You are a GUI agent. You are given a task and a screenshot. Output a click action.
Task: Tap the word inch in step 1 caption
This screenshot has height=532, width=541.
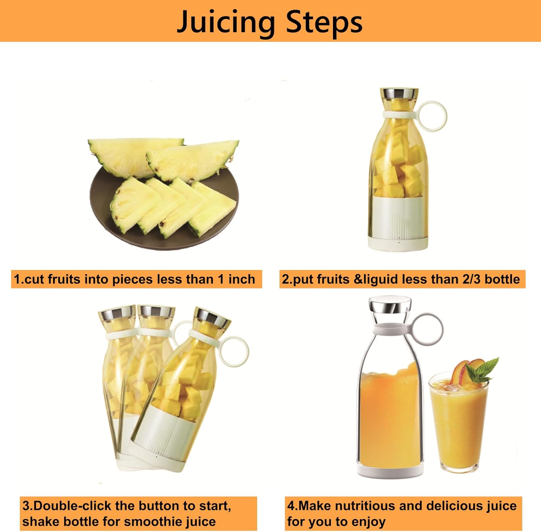point(241,279)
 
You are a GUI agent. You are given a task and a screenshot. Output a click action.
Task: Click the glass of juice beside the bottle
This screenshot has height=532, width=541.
point(458,426)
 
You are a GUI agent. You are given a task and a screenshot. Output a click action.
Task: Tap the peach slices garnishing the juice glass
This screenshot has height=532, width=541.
point(465,372)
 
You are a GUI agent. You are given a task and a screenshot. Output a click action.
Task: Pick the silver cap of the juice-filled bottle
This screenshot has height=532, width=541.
point(390,305)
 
